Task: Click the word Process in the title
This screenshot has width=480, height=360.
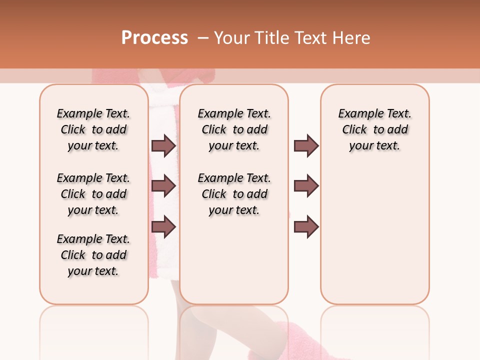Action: click(154, 38)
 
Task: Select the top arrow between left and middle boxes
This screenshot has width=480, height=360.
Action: click(163, 146)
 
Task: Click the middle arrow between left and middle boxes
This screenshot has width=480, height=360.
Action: click(163, 185)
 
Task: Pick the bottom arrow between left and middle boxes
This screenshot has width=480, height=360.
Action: click(163, 227)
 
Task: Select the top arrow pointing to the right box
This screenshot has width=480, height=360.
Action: click(306, 146)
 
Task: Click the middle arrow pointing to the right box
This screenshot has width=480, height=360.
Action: click(306, 185)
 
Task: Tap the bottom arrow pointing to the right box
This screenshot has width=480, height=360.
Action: click(306, 227)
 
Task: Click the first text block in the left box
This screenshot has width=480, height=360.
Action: click(93, 129)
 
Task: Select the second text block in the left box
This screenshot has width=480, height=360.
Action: click(93, 194)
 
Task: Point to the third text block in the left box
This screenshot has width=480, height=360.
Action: click(93, 255)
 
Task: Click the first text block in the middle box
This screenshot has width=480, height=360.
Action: click(234, 129)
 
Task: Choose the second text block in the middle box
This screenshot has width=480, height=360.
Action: click(234, 194)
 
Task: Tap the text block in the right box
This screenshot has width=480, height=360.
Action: click(374, 129)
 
